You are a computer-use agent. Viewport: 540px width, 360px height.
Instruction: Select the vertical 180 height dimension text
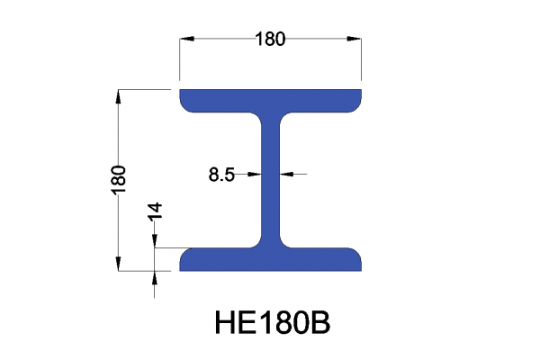pyautogui.click(x=118, y=176)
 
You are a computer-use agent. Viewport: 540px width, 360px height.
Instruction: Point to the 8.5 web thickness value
pyautogui.click(x=221, y=175)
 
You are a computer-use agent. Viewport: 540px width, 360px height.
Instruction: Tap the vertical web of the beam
pyautogui.click(x=271, y=180)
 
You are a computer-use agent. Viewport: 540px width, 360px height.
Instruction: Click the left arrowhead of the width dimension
pyautogui.click(x=185, y=39)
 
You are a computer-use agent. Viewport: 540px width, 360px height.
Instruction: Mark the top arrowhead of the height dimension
pyautogui.click(x=118, y=94)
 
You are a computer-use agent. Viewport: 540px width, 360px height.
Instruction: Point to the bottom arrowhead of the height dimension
pyautogui.click(x=118, y=264)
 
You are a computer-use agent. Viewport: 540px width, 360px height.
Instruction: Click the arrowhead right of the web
pyautogui.click(x=285, y=174)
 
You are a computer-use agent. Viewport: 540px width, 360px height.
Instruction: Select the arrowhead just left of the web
pyautogui.click(x=257, y=174)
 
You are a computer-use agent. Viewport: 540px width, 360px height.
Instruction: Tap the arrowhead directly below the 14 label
pyautogui.click(x=155, y=240)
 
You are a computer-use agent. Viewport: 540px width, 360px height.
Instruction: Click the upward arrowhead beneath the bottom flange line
pyautogui.click(x=155, y=277)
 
